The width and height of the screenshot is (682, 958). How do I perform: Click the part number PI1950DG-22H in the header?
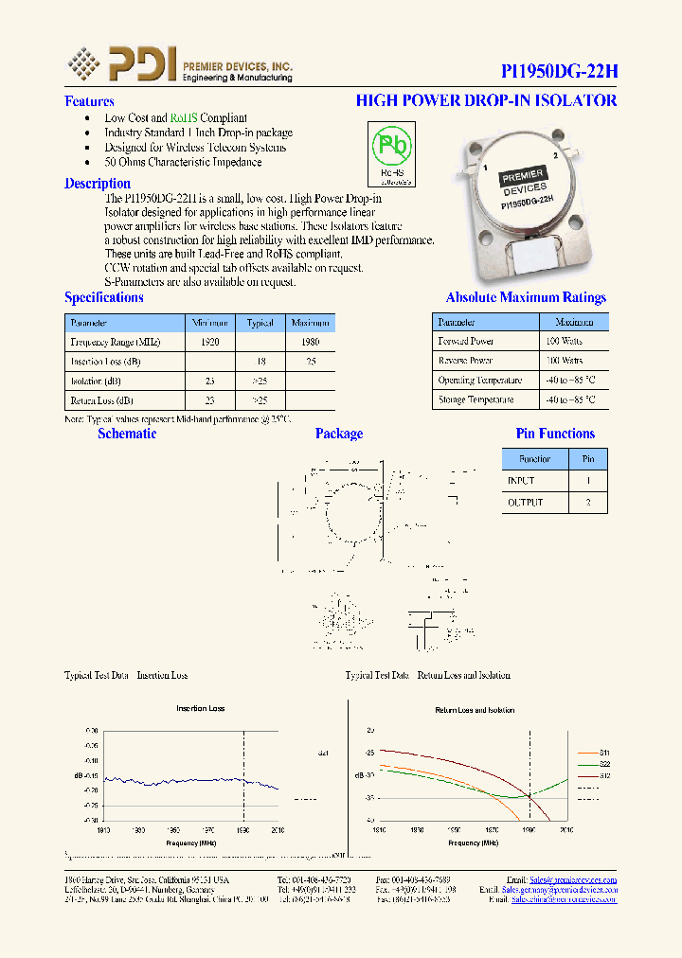click(559, 72)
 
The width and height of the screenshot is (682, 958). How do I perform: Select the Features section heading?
click(89, 101)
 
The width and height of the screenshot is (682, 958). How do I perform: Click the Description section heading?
click(98, 184)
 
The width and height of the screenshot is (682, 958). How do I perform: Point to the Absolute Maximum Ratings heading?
click(526, 297)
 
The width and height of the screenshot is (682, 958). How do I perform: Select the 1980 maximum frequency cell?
click(309, 342)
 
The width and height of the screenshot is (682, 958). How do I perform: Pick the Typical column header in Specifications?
click(260, 323)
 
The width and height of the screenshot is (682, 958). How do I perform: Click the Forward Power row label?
click(465, 341)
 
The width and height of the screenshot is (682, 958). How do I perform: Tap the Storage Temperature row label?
click(476, 399)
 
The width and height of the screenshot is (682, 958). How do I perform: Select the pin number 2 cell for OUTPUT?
click(588, 502)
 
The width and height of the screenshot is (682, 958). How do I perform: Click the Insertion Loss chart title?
click(201, 708)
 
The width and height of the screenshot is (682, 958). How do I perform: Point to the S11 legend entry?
click(603, 751)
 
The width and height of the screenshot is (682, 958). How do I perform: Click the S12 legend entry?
click(603, 775)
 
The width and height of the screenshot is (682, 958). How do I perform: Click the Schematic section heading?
click(127, 434)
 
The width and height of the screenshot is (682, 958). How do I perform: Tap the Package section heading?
click(338, 434)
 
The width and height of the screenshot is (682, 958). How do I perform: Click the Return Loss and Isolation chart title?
click(474, 710)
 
